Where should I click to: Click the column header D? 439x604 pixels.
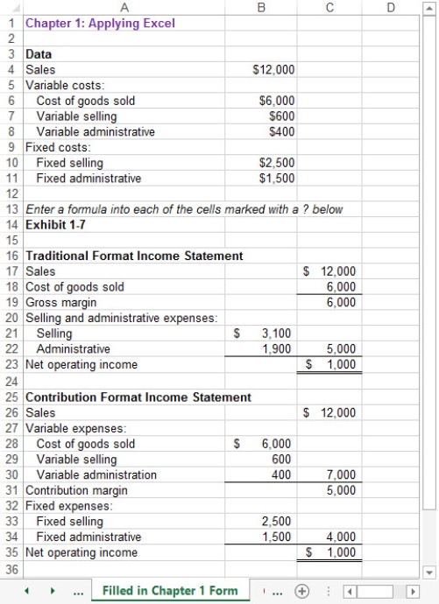[x=391, y=8]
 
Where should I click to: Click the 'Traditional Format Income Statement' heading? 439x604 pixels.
[x=134, y=256]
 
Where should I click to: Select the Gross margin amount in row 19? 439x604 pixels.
[x=341, y=303]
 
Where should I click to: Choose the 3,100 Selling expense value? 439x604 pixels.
[x=277, y=334]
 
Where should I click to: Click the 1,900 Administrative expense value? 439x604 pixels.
[x=277, y=349]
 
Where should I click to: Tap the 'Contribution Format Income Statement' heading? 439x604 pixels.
[x=138, y=397]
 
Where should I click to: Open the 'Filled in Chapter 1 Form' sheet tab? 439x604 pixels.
[x=170, y=591]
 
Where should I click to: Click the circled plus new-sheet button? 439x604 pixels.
[x=302, y=591]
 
